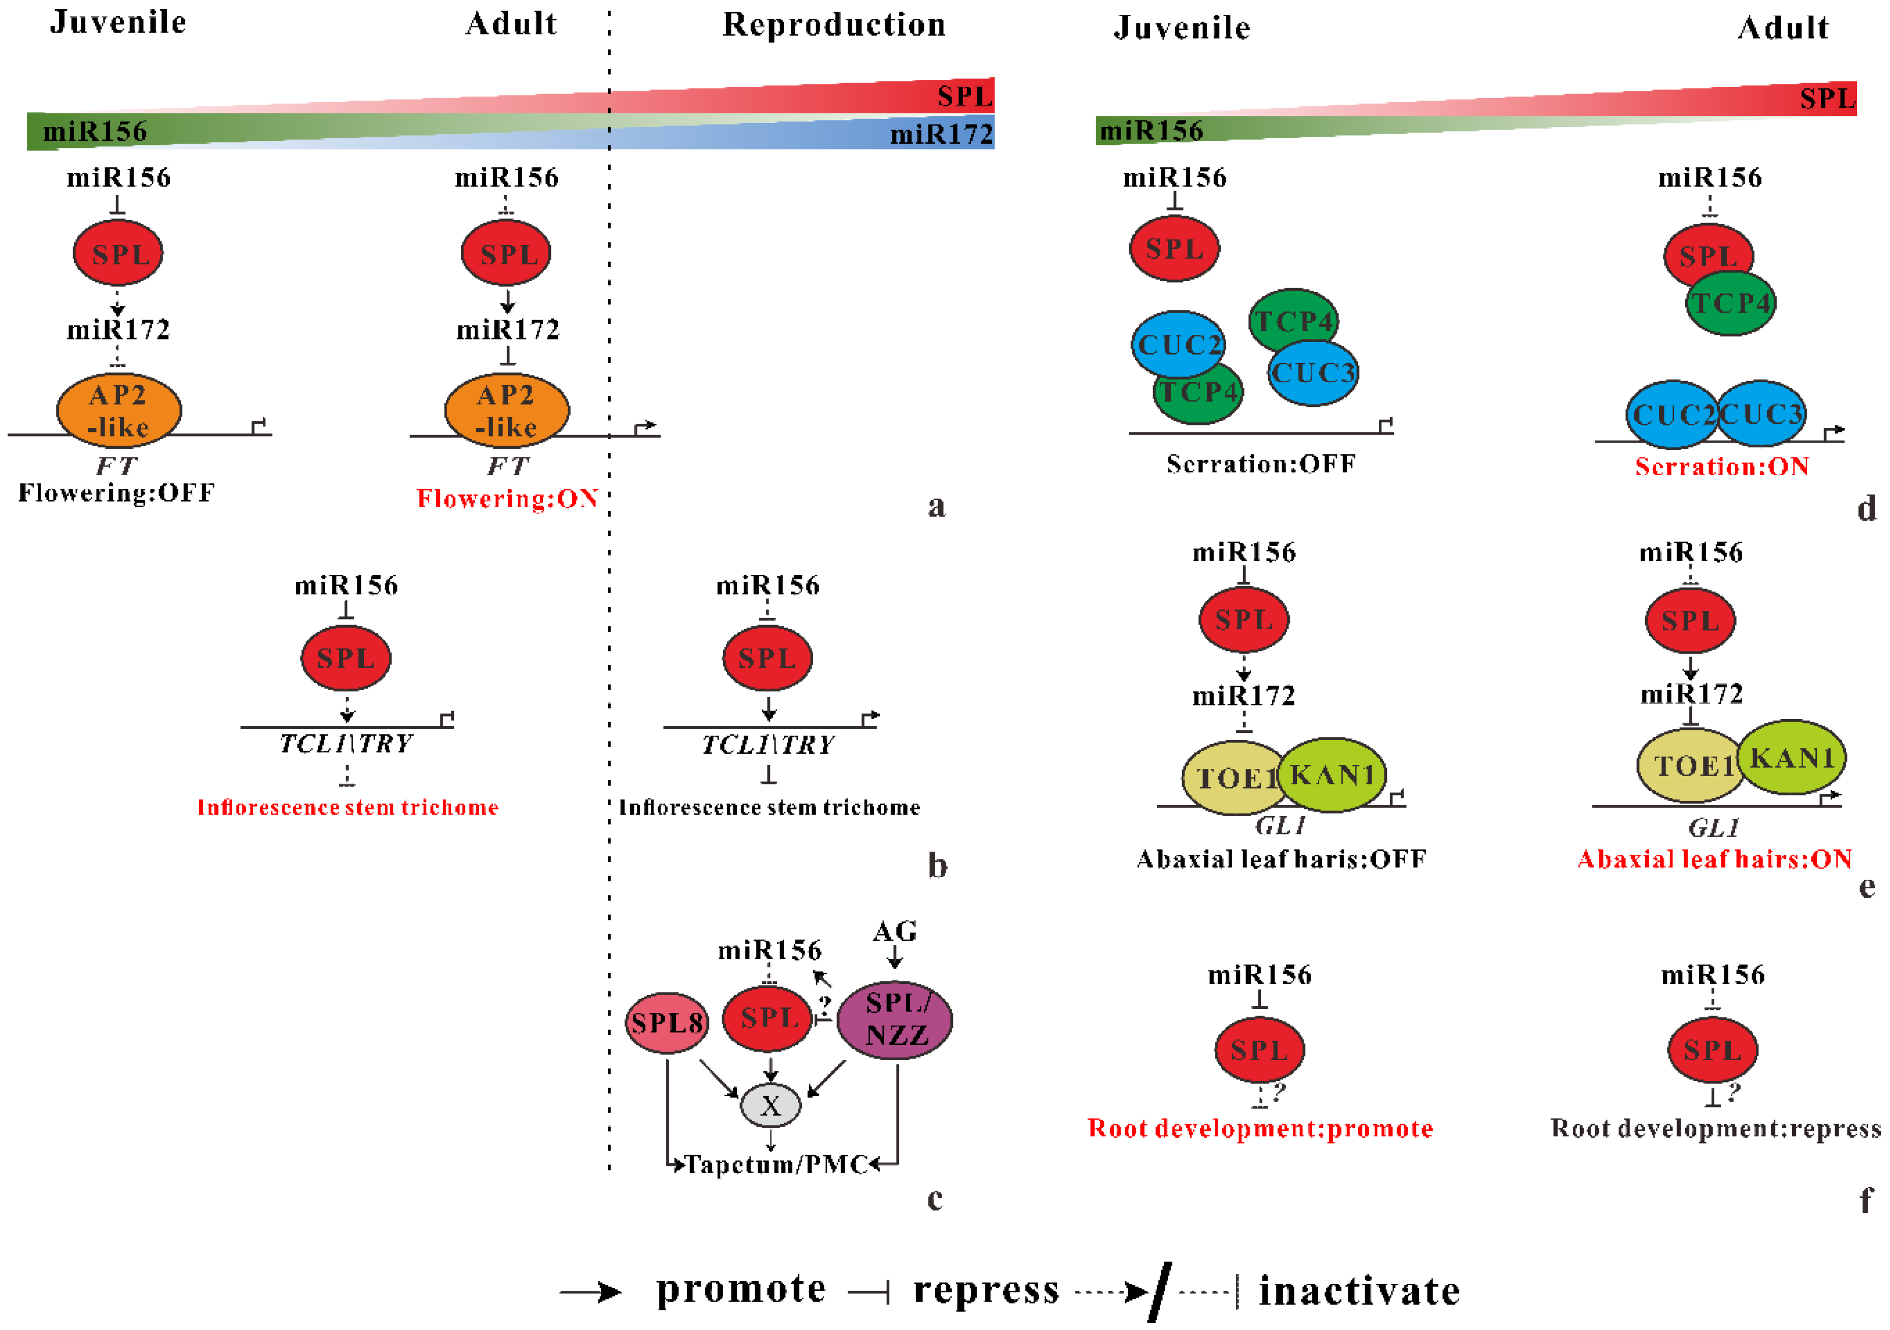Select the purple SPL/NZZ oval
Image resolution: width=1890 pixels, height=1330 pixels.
pos(895,1019)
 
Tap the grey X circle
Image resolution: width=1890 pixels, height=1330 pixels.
pos(770,1105)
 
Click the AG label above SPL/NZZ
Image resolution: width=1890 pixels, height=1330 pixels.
pos(895,932)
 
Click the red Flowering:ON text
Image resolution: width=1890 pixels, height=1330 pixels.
pos(507,499)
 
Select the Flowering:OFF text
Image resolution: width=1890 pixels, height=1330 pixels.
pos(117,493)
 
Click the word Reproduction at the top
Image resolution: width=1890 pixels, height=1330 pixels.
pos(834,25)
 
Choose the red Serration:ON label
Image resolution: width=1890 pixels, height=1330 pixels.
pos(1721,467)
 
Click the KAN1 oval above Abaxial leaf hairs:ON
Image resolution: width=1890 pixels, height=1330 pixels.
pos(1792,757)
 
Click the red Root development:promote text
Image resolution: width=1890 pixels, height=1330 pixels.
pos(1259,1128)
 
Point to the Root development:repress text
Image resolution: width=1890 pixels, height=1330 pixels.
pos(1716,1128)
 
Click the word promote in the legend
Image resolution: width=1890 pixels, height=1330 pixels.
pos(741,1289)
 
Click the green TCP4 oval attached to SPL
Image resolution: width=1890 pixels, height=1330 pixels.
pos(1730,304)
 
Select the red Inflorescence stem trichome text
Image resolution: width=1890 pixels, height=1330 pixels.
pos(348,808)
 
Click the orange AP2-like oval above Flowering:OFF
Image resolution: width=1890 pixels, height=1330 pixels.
pos(118,410)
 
